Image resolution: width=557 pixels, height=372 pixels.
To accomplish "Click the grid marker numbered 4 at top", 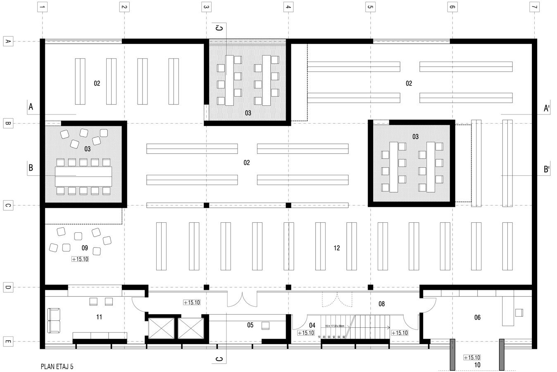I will [x=288, y=7].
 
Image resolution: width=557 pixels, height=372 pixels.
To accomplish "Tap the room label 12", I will [x=337, y=248].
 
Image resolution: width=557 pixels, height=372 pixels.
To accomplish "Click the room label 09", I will [x=85, y=248].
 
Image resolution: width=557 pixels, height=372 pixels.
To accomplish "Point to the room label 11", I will [x=99, y=317].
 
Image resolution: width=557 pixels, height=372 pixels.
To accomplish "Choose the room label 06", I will [x=477, y=317].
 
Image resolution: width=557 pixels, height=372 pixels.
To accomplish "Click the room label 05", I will [x=250, y=325].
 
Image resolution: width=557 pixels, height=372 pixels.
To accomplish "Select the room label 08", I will [x=381, y=304].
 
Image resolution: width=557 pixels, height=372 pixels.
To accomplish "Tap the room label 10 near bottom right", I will [x=477, y=365].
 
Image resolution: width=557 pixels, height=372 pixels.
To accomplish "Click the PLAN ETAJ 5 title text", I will [x=57, y=366].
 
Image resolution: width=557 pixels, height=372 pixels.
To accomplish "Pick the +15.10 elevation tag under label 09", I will [x=80, y=259].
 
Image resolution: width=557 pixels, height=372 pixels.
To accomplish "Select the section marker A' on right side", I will [x=546, y=108].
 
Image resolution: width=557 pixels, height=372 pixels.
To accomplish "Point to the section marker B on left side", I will [x=31, y=168].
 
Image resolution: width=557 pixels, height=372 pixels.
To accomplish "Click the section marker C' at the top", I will [x=219, y=28].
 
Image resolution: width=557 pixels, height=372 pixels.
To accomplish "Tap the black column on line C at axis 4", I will [x=288, y=205].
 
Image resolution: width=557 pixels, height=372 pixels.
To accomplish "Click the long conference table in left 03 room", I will [x=83, y=176].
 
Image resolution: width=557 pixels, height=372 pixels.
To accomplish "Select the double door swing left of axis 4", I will [x=242, y=298].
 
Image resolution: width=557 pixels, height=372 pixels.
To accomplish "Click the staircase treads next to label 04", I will [x=372, y=327].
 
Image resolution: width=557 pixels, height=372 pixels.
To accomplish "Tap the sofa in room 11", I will [x=54, y=321].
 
